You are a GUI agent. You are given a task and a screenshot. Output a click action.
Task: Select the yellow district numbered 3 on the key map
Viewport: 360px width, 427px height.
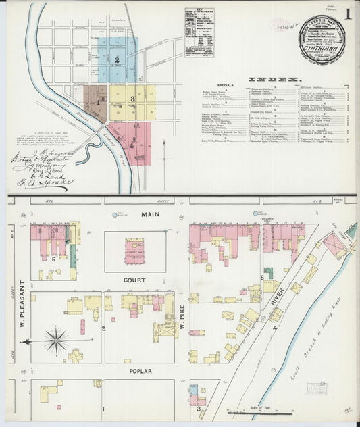[134, 100]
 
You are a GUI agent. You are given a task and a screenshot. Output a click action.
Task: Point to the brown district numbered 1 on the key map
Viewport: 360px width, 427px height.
[95, 103]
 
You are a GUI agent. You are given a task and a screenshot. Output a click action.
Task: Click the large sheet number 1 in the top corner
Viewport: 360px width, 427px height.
[348, 14]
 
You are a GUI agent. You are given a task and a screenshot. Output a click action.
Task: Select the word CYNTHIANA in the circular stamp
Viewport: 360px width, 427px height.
[322, 48]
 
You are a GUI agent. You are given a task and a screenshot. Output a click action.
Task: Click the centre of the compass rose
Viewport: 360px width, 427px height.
[56, 336]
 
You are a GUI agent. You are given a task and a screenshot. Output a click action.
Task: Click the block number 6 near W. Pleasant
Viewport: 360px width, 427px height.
[53, 259]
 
